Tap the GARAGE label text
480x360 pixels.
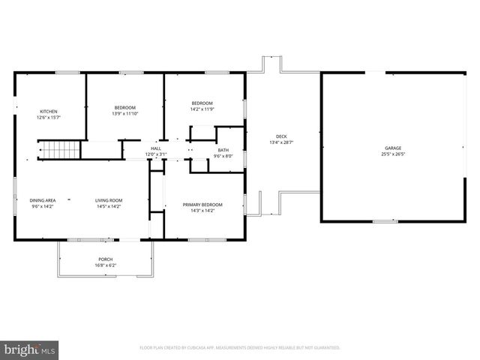(x=394, y=148)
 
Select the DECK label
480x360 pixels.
(x=281, y=136)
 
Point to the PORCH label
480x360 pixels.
(x=105, y=259)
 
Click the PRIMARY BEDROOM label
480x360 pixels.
(x=202, y=205)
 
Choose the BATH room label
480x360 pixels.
(x=223, y=150)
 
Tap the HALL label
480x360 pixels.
(x=156, y=148)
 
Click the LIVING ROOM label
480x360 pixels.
(x=109, y=200)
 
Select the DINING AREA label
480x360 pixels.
(x=43, y=200)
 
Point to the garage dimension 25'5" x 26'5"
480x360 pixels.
(x=394, y=154)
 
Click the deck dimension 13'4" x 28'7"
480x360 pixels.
(x=281, y=142)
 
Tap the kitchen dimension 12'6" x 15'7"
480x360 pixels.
(x=48, y=118)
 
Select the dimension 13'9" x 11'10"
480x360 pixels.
(x=125, y=113)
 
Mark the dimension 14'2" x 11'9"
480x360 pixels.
(x=202, y=109)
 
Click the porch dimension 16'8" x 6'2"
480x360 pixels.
(x=105, y=265)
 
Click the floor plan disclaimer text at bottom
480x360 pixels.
(x=240, y=348)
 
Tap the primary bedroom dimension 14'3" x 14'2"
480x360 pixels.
(x=202, y=211)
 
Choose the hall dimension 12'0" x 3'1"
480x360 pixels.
(x=156, y=154)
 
